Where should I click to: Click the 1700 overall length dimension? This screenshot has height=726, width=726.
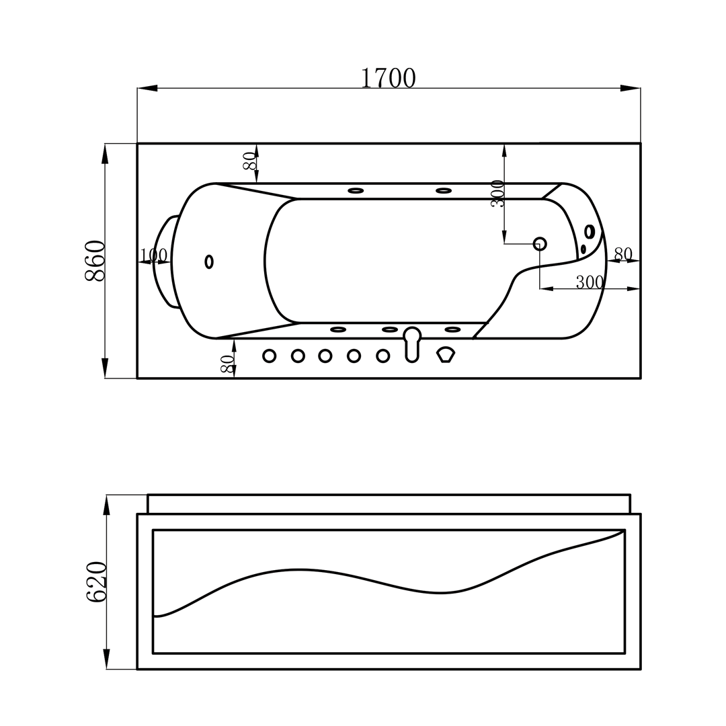coord(389,77)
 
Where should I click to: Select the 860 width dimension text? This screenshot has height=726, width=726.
coord(94,261)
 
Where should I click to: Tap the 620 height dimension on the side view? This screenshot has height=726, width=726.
coord(95,581)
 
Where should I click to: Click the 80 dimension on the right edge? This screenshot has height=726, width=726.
coord(623,253)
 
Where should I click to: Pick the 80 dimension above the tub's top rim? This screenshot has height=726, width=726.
coord(248,161)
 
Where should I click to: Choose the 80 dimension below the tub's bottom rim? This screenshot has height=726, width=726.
coord(226,364)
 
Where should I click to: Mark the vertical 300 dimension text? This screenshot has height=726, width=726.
coord(497,194)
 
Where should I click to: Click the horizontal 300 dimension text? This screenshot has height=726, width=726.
coord(590,282)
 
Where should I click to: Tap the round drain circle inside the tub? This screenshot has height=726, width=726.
coord(540,243)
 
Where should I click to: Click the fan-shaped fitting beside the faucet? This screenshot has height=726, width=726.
coord(446,355)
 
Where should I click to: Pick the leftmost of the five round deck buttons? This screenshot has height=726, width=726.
coord(269,356)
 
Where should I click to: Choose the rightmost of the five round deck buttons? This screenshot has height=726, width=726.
coord(383,356)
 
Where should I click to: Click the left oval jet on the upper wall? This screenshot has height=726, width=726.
coord(356,191)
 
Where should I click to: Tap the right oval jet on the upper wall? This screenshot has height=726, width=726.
coord(443,191)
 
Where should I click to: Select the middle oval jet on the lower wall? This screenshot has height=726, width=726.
coord(390,329)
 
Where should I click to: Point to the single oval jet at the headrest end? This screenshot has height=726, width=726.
coord(209,262)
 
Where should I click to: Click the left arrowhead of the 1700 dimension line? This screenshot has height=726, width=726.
coord(147,88)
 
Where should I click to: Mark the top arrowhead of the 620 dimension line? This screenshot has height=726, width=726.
coord(106,505)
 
